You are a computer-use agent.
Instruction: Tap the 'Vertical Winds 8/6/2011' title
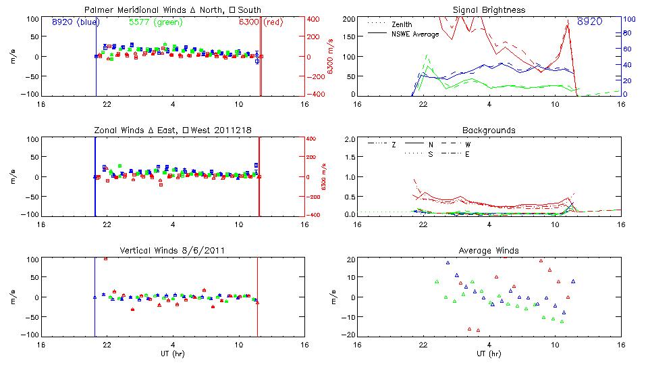172,251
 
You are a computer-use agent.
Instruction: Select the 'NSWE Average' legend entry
415,34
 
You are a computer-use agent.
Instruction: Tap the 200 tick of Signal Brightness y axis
349,19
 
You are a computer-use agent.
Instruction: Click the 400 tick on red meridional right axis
315,19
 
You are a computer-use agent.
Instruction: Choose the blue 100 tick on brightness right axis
626,19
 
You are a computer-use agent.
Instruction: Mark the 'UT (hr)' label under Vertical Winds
172,354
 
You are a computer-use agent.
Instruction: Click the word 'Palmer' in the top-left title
98,10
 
